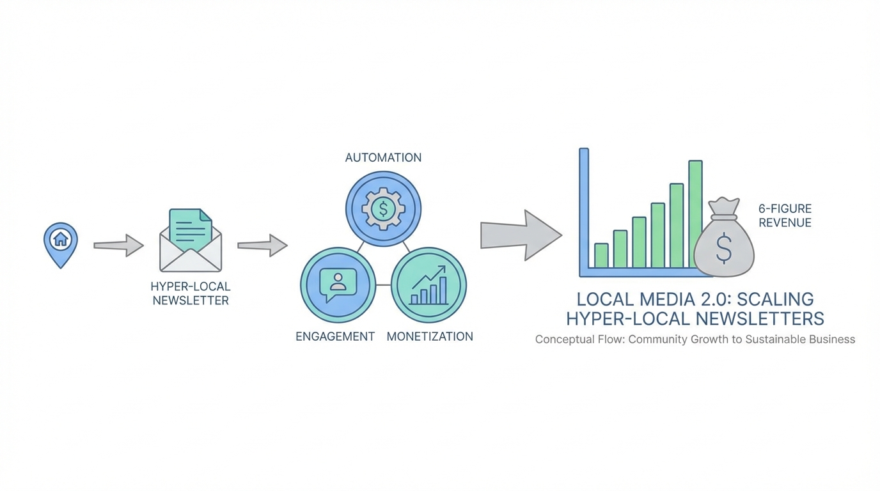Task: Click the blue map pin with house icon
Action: pyautogui.click(x=61, y=243)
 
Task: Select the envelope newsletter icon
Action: pyautogui.click(x=191, y=242)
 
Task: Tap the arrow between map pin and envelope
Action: pyautogui.click(x=118, y=245)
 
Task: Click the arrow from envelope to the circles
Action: pyautogui.click(x=262, y=245)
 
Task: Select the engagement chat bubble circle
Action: pyautogui.click(x=338, y=284)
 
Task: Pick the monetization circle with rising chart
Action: pyautogui.click(x=428, y=284)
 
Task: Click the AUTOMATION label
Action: pyautogui.click(x=383, y=158)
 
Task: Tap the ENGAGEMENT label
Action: pyautogui.click(x=335, y=336)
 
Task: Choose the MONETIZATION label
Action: pyautogui.click(x=430, y=336)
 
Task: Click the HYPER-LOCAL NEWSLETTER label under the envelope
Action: pyautogui.click(x=191, y=293)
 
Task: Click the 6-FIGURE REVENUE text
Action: pyautogui.click(x=785, y=215)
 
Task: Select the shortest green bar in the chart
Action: pyautogui.click(x=601, y=255)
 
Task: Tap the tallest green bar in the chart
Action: pyautogui.click(x=695, y=214)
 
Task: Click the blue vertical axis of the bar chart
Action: pyautogui.click(x=584, y=211)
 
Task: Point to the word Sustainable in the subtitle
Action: pyautogui.click(x=781, y=339)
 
